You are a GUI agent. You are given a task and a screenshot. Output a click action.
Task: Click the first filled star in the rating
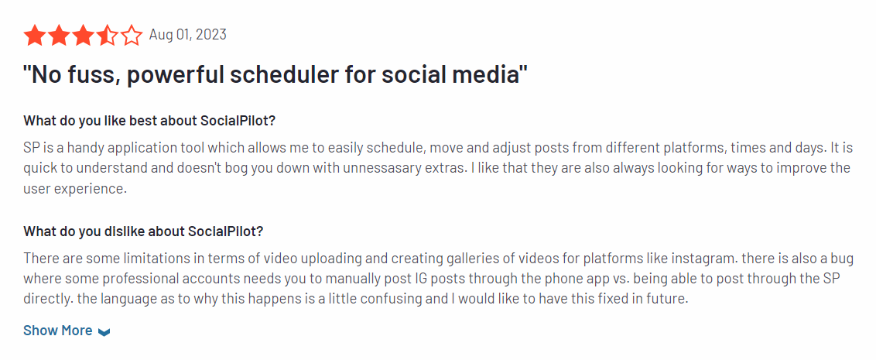34,36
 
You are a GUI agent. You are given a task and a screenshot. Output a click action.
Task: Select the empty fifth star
132,36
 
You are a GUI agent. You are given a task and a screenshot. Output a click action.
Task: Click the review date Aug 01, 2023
187,35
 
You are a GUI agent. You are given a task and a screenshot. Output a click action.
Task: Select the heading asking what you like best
149,121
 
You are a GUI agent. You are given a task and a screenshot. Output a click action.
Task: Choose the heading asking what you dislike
144,231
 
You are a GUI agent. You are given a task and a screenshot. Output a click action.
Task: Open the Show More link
58,331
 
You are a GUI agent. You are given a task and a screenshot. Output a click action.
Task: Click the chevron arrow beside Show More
104,332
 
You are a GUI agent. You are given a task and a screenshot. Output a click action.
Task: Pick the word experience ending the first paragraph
91,188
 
